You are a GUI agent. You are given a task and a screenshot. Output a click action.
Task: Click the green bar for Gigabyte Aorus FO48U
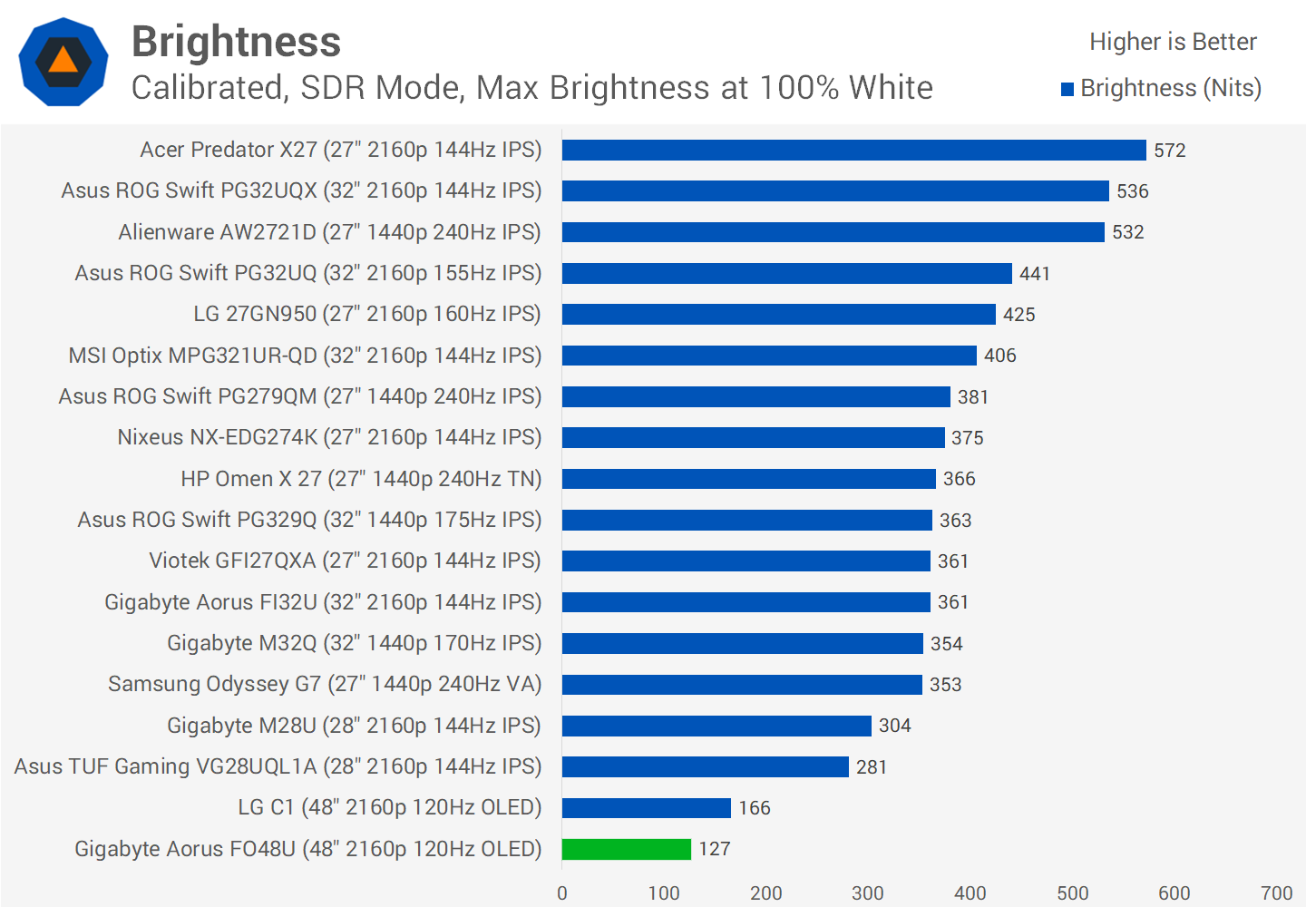(626, 849)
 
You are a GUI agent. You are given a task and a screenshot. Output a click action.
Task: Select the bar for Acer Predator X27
(853, 150)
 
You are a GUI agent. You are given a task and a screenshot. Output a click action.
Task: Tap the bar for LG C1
(646, 807)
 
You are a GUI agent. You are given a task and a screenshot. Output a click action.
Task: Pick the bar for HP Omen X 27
(748, 479)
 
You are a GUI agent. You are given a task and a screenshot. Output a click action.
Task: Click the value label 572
(1169, 151)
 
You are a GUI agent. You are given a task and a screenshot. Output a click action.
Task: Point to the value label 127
(714, 849)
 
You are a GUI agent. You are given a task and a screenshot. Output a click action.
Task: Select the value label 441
(1034, 274)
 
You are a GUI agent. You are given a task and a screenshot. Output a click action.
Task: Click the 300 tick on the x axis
(867, 892)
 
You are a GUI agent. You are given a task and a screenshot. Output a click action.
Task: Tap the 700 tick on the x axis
(1276, 892)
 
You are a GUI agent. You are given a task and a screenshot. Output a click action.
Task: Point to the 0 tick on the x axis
(562, 892)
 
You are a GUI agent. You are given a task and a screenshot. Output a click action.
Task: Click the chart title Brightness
(236, 42)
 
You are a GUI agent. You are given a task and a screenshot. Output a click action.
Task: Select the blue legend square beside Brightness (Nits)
(1067, 89)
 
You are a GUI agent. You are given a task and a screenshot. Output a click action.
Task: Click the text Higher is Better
(1173, 42)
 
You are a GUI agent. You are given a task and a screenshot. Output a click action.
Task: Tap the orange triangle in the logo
(63, 61)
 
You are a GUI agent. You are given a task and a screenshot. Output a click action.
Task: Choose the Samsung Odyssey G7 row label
(324, 684)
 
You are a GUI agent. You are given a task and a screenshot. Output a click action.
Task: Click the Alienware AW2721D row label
(329, 232)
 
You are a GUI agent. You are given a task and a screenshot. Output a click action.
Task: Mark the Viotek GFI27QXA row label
(345, 561)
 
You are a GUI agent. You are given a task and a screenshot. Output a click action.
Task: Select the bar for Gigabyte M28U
(716, 726)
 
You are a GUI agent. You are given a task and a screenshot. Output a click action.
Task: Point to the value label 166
(754, 808)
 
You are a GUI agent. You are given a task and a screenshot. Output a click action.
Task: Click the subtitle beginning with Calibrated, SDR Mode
(531, 88)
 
